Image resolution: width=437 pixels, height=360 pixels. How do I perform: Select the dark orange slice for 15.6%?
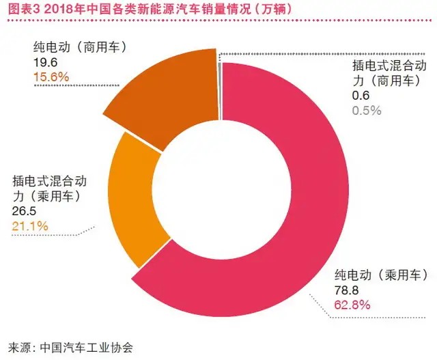[164, 96]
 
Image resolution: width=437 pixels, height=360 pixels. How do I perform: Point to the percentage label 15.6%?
[51, 77]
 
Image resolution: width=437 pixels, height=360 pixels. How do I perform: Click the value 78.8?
[346, 291]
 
